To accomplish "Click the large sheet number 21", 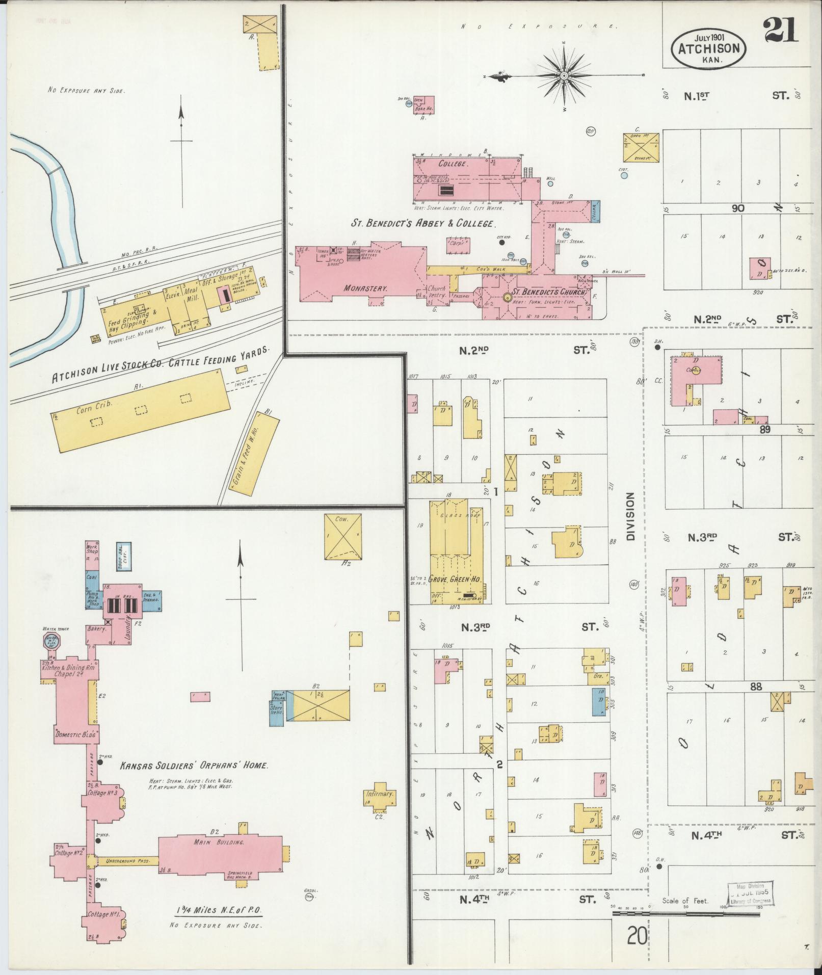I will coord(780,30).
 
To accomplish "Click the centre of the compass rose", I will coord(564,76).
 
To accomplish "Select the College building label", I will coord(453,164).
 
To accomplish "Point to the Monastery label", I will coord(365,288).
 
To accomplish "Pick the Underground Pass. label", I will coord(127,861).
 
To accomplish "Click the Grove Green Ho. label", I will coord(452,579).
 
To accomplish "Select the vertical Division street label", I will coord(631,516).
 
